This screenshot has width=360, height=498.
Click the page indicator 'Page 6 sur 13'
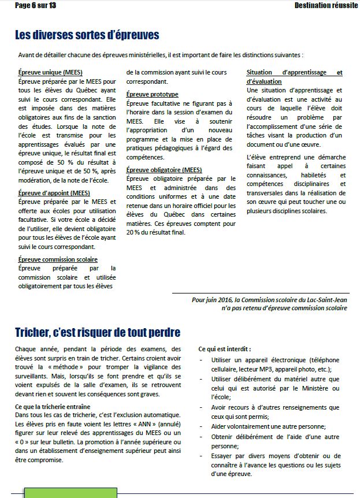pyautogui.click(x=35, y=5)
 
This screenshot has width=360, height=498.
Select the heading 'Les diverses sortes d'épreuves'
pyautogui.click(x=87, y=35)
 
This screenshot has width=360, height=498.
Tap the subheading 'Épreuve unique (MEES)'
pyautogui.click(x=50, y=73)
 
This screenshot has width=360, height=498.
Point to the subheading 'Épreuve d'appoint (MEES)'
pyautogui.click(x=54, y=193)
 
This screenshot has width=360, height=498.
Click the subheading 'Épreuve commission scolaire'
pyautogui.click(x=58, y=259)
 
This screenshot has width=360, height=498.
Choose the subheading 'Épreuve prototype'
pyautogui.click(x=153, y=94)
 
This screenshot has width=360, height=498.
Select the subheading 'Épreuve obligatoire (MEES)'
pyautogui.click(x=164, y=170)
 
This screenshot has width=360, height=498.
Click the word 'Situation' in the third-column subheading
pyautogui.click(x=263, y=73)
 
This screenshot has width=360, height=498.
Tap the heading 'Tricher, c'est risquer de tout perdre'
pyautogui.click(x=98, y=333)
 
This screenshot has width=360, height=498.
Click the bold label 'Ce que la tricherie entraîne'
pyautogui.click(x=54, y=407)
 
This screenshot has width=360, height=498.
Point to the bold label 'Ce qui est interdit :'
pyautogui.click(x=225, y=350)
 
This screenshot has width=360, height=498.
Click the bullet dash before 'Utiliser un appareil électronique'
pyautogui.click(x=201, y=360)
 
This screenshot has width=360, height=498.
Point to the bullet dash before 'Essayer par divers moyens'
pyautogui.click(x=201, y=456)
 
